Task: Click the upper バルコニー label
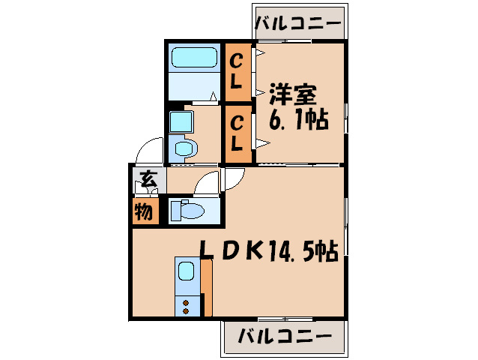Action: (x=297, y=24)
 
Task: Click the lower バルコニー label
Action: (x=285, y=337)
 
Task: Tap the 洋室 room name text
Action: (x=293, y=94)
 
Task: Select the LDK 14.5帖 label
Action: (x=269, y=250)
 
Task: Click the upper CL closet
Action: (x=238, y=72)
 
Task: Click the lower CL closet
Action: (x=238, y=134)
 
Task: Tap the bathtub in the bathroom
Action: (x=194, y=57)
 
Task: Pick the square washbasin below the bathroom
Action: (x=181, y=121)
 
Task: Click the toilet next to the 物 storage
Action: (x=187, y=210)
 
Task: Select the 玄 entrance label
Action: (x=149, y=179)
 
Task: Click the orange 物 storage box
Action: (x=145, y=211)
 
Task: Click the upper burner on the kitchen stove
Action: (x=185, y=303)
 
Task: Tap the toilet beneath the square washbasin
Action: (x=185, y=148)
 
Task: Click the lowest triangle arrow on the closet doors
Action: (x=262, y=143)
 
